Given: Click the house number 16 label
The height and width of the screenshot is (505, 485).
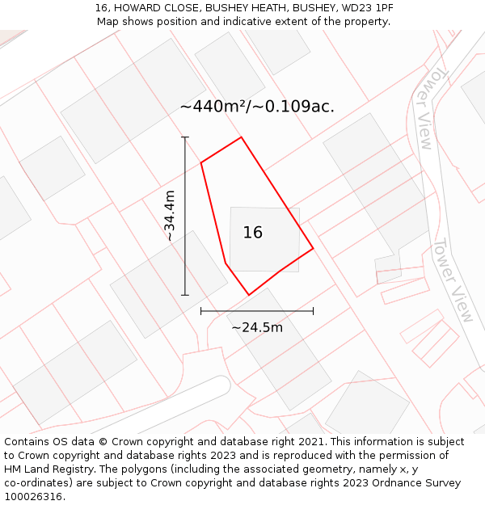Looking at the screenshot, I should (253, 233).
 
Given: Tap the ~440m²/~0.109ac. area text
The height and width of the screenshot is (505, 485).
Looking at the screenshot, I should (257, 107).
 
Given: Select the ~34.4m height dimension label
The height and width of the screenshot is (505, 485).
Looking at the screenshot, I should (170, 216).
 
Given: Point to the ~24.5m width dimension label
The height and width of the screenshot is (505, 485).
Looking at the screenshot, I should (257, 327).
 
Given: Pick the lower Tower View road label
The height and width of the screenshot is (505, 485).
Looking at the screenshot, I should (453, 280).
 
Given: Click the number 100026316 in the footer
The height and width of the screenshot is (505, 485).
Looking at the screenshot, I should (32, 497).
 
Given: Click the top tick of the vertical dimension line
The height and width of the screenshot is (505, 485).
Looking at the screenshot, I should (185, 137).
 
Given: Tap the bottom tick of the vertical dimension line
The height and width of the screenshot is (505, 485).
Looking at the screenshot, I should (185, 295).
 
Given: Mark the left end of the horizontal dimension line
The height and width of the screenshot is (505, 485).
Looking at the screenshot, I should (201, 311).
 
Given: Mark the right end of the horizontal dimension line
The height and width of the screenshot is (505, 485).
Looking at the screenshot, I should (313, 311).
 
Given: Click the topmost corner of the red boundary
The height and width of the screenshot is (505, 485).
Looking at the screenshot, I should (241, 137).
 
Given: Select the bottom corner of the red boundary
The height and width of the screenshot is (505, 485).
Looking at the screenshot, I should (248, 295).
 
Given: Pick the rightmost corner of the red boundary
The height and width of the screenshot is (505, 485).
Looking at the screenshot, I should (313, 248).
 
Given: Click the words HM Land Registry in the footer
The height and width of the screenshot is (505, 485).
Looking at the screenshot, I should (41, 469).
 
